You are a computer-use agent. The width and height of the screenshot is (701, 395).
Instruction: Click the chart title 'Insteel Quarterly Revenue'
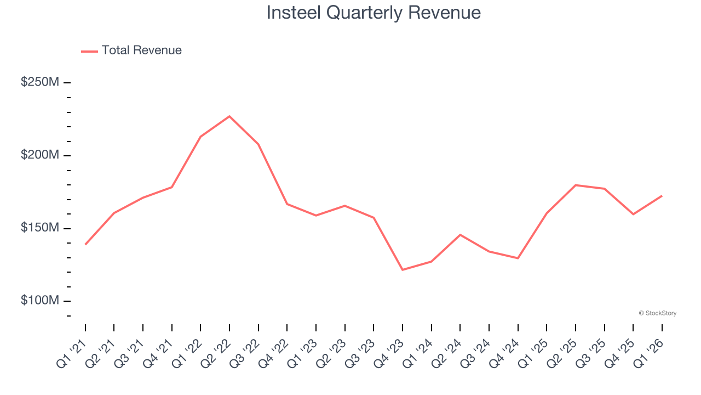[x=374, y=13]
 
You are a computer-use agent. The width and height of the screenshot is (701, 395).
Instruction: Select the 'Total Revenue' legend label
[x=141, y=50]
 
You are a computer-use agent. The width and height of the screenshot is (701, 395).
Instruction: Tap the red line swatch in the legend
[x=89, y=51]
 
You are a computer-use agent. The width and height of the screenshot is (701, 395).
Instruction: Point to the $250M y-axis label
[x=40, y=82]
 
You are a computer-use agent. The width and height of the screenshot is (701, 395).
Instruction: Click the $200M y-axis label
[x=40, y=155]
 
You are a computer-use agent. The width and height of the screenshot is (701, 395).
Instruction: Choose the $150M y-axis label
[x=40, y=228]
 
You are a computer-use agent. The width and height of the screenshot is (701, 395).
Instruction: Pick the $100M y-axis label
[x=40, y=301]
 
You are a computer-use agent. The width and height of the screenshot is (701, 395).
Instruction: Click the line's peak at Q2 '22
[x=229, y=116]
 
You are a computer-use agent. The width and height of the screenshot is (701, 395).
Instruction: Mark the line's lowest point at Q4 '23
[x=403, y=270]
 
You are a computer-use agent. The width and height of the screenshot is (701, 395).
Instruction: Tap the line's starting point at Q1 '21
[x=85, y=244]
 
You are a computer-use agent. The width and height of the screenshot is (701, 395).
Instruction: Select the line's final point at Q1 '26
[x=662, y=196]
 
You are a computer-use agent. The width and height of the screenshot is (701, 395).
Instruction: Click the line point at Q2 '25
[x=576, y=185]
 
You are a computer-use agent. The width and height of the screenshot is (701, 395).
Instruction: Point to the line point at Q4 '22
[x=287, y=204]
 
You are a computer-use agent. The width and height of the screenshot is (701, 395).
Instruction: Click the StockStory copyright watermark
[x=657, y=313]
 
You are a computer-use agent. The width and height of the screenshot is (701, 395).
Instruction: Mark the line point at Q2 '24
[x=460, y=235]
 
